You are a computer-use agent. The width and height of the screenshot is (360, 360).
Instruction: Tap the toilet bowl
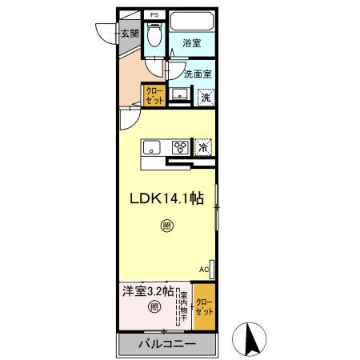click(155, 37)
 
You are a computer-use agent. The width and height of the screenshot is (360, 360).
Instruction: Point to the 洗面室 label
click(197, 74)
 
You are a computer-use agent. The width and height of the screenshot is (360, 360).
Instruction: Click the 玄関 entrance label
click(130, 34)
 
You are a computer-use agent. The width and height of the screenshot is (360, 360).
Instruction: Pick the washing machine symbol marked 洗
click(206, 97)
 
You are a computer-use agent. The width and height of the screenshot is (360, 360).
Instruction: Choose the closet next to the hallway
click(154, 96)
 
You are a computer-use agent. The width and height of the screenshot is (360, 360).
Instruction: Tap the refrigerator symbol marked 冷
click(204, 147)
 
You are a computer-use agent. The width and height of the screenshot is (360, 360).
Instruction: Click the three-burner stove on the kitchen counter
click(181, 147)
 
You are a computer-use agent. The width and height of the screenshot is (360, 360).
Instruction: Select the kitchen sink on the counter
click(153, 147)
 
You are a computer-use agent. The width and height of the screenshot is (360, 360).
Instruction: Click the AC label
click(203, 270)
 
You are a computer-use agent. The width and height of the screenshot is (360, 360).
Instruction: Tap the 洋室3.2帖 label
click(146, 292)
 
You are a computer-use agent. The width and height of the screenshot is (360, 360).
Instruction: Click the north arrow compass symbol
click(251, 341)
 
